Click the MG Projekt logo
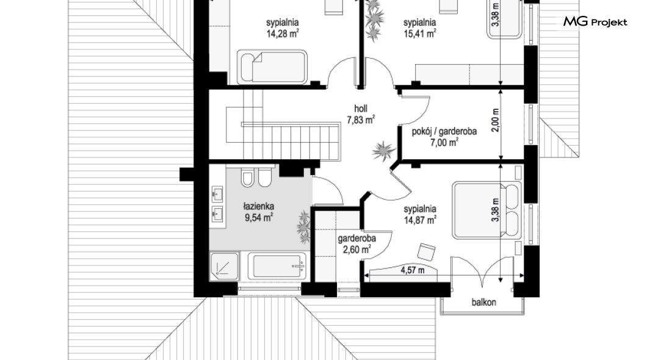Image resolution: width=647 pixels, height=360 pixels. [595, 22]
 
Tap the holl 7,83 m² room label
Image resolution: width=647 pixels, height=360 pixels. [361, 114]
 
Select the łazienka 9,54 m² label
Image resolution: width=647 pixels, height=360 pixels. [259, 212]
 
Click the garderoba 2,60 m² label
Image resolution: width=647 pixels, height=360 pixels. [357, 243]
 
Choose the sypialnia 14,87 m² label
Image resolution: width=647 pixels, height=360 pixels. [420, 214]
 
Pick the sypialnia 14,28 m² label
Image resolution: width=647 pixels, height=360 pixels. [283, 28]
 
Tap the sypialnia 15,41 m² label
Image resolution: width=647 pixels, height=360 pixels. [420, 28]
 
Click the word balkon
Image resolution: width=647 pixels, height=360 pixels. [483, 302]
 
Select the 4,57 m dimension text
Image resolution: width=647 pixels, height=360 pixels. [413, 270]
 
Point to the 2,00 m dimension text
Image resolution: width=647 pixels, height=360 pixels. [496, 120]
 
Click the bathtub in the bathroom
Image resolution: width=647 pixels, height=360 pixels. [277, 267]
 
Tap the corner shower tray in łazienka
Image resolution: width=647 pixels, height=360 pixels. [224, 266]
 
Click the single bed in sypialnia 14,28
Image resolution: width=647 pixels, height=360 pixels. [273, 67]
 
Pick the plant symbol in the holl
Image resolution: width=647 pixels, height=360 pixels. [383, 151]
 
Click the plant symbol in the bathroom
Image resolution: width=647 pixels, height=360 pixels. [304, 226]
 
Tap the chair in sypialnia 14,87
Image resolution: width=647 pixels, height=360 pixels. [427, 251]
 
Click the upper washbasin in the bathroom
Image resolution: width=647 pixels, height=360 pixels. [217, 193]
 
